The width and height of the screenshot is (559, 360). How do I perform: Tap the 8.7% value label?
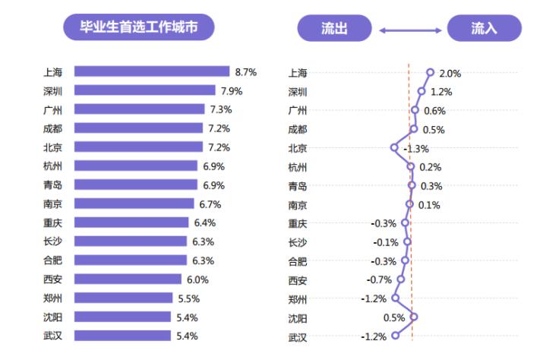tap(246, 72)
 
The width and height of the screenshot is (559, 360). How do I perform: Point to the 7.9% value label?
tap(232, 91)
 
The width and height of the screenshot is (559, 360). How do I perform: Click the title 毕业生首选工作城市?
tap(138, 28)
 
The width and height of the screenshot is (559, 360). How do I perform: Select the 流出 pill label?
tap(334, 29)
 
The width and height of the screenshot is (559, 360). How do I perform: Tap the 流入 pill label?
tap(484, 29)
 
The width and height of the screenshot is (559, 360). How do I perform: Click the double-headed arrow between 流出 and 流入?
tap(410, 30)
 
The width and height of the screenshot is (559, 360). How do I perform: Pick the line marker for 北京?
tap(393, 147)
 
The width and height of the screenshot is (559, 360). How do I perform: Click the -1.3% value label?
tap(416, 149)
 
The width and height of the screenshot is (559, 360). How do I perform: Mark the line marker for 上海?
tap(430, 72)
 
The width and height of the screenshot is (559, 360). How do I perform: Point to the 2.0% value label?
tap(450, 74)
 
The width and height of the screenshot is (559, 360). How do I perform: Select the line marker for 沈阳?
tap(414, 317)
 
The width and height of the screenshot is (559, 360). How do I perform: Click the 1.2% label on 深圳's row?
tap(441, 92)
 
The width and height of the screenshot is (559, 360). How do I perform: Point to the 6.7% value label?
tap(210, 204)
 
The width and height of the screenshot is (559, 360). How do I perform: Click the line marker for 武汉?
tap(395, 336)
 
